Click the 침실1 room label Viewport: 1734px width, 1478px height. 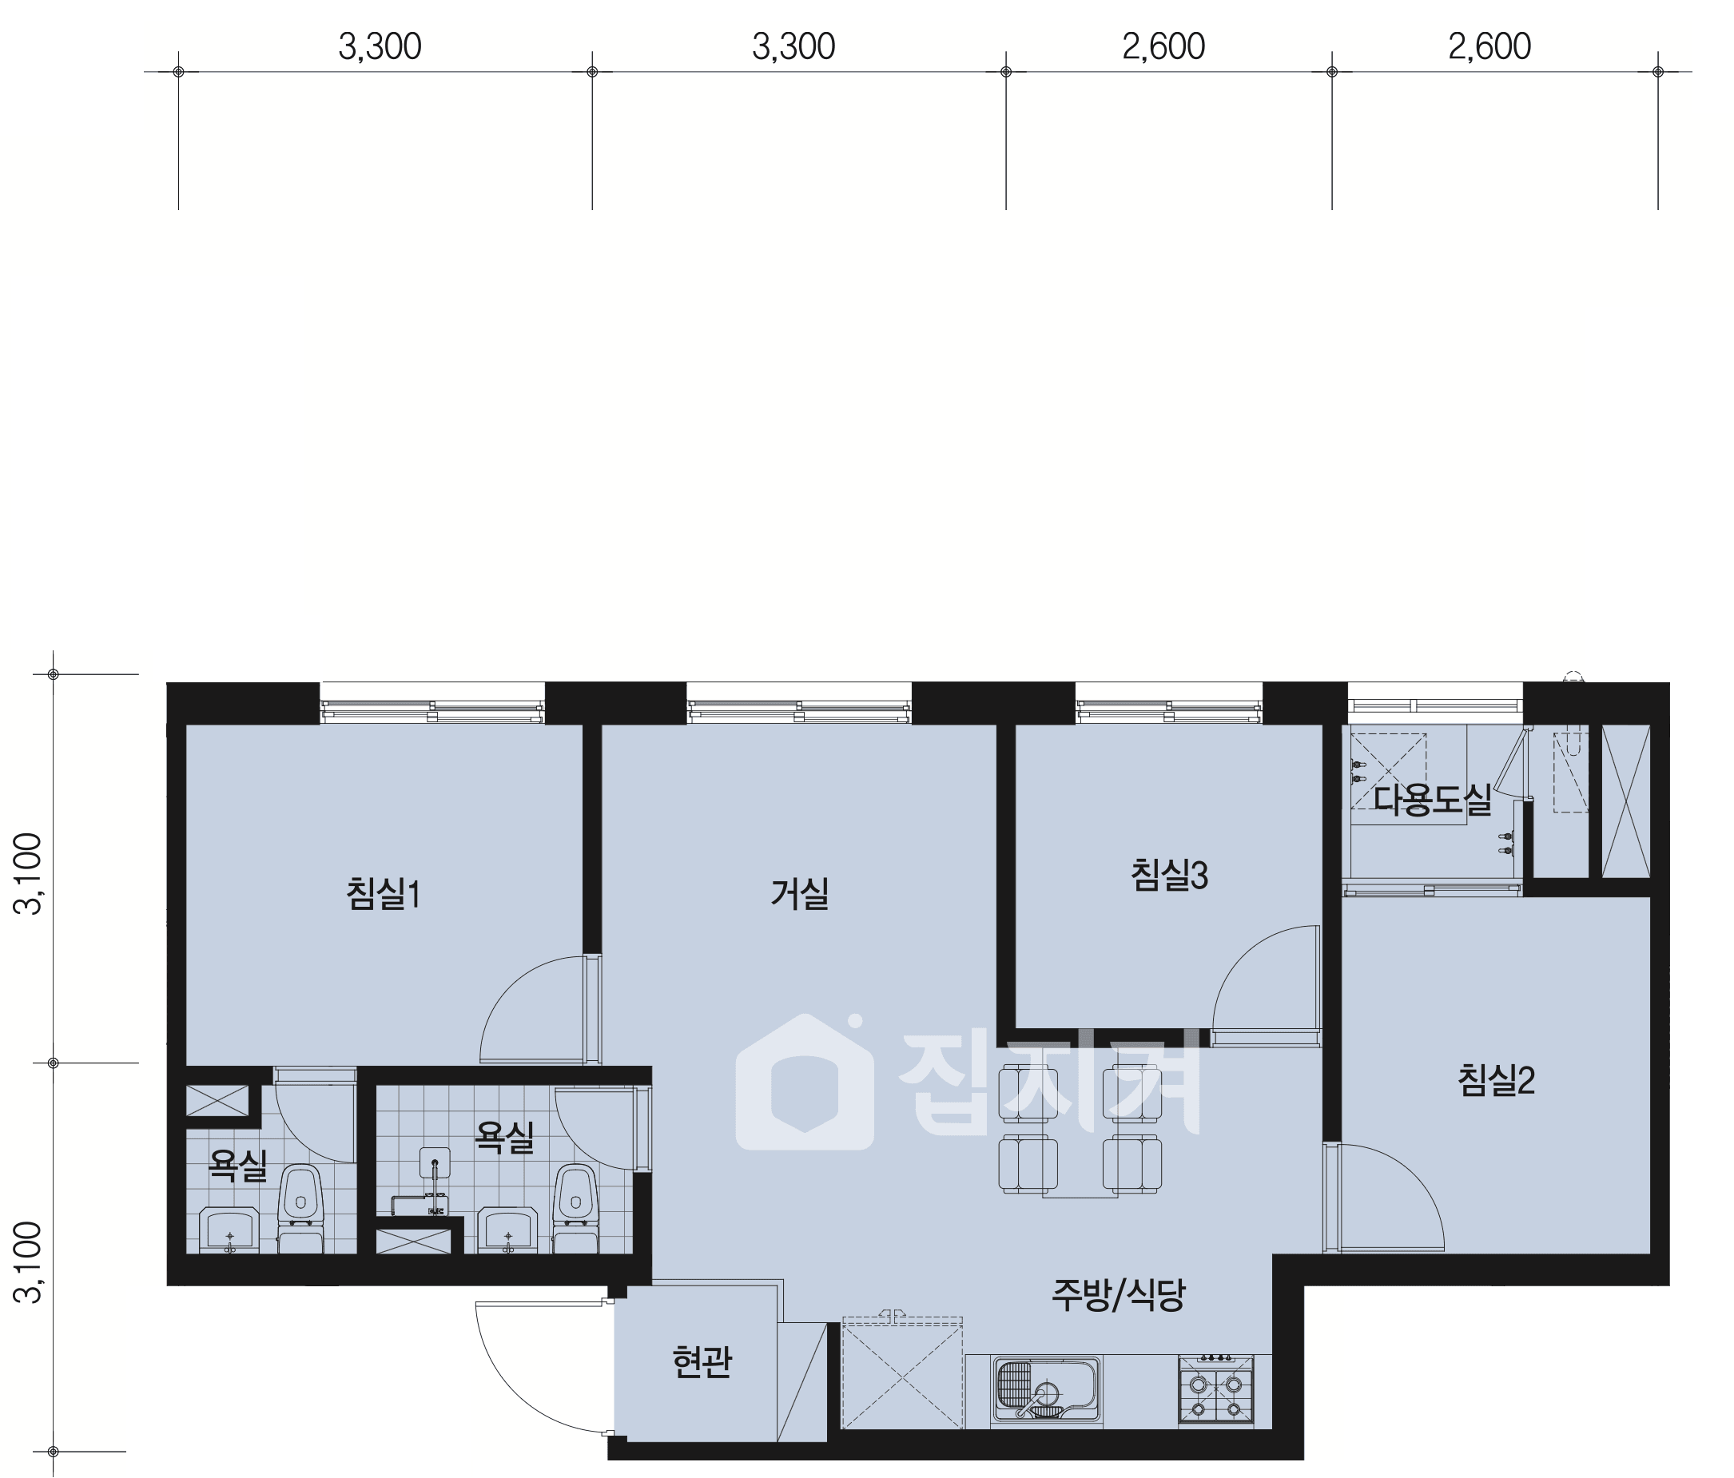[x=384, y=893]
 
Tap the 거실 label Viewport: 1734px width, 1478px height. [x=799, y=893]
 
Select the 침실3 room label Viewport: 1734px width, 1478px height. [x=1169, y=876]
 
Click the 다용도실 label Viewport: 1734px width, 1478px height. [x=1433, y=800]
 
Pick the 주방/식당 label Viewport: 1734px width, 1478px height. [x=1118, y=1295]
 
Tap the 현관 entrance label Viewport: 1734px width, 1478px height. [x=702, y=1361]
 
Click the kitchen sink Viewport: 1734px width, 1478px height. [x=1046, y=1389]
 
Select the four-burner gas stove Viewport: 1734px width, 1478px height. [x=1216, y=1390]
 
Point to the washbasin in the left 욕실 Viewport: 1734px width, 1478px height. [x=229, y=1230]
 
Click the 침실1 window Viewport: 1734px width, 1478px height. [x=432, y=704]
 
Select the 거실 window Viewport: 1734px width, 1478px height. [x=799, y=704]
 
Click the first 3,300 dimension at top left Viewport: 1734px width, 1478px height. [x=380, y=47]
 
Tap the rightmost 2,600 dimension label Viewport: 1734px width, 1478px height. [x=1489, y=47]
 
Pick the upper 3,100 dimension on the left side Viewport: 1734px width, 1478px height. [x=30, y=874]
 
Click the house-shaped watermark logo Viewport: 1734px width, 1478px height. [x=805, y=1083]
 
